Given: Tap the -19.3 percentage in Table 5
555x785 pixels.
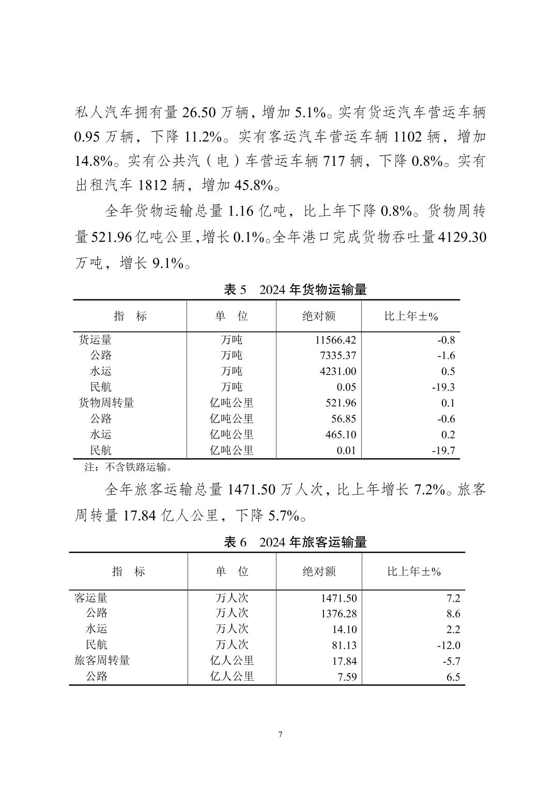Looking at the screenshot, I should [443, 387].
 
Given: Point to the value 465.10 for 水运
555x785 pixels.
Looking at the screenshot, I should [341, 435].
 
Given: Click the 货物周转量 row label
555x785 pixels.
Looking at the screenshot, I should [106, 403].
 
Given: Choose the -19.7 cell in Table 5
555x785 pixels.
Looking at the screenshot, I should [443, 451].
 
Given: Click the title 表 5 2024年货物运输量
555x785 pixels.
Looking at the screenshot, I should [295, 290].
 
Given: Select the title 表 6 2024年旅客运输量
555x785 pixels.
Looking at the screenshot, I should [295, 542].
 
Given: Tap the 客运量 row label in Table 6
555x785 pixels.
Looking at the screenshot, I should [91, 598].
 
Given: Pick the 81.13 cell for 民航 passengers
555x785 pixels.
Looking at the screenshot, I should [344, 646].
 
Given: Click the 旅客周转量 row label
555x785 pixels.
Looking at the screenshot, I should [102, 661].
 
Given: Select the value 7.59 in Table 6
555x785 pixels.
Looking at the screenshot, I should [347, 677].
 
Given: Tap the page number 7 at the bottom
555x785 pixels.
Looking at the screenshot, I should [280, 735].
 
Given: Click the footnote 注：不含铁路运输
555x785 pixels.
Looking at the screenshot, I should [128, 468].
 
